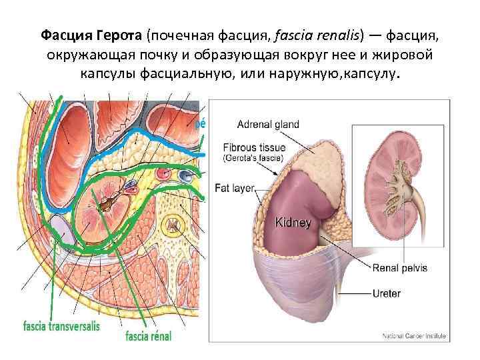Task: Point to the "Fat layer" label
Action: tap(235, 188)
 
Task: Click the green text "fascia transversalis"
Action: tap(61, 327)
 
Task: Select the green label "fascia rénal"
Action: tap(149, 336)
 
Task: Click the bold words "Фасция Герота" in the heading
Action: tap(91, 35)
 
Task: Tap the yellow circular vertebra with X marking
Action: tap(173, 227)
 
